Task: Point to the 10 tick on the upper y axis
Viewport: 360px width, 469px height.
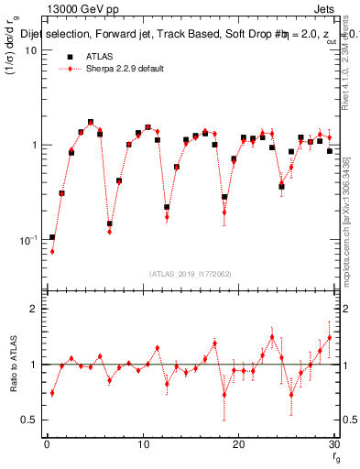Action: click(x=30, y=50)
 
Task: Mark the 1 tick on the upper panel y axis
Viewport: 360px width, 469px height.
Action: click(x=34, y=146)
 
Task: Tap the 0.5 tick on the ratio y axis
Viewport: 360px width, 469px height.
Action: click(x=29, y=420)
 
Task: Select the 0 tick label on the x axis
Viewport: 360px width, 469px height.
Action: click(x=47, y=444)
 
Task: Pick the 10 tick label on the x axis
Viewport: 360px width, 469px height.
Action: click(x=142, y=444)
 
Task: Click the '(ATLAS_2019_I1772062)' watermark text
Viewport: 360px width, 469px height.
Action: click(x=190, y=274)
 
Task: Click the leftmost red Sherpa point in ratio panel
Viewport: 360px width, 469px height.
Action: click(x=52, y=393)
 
